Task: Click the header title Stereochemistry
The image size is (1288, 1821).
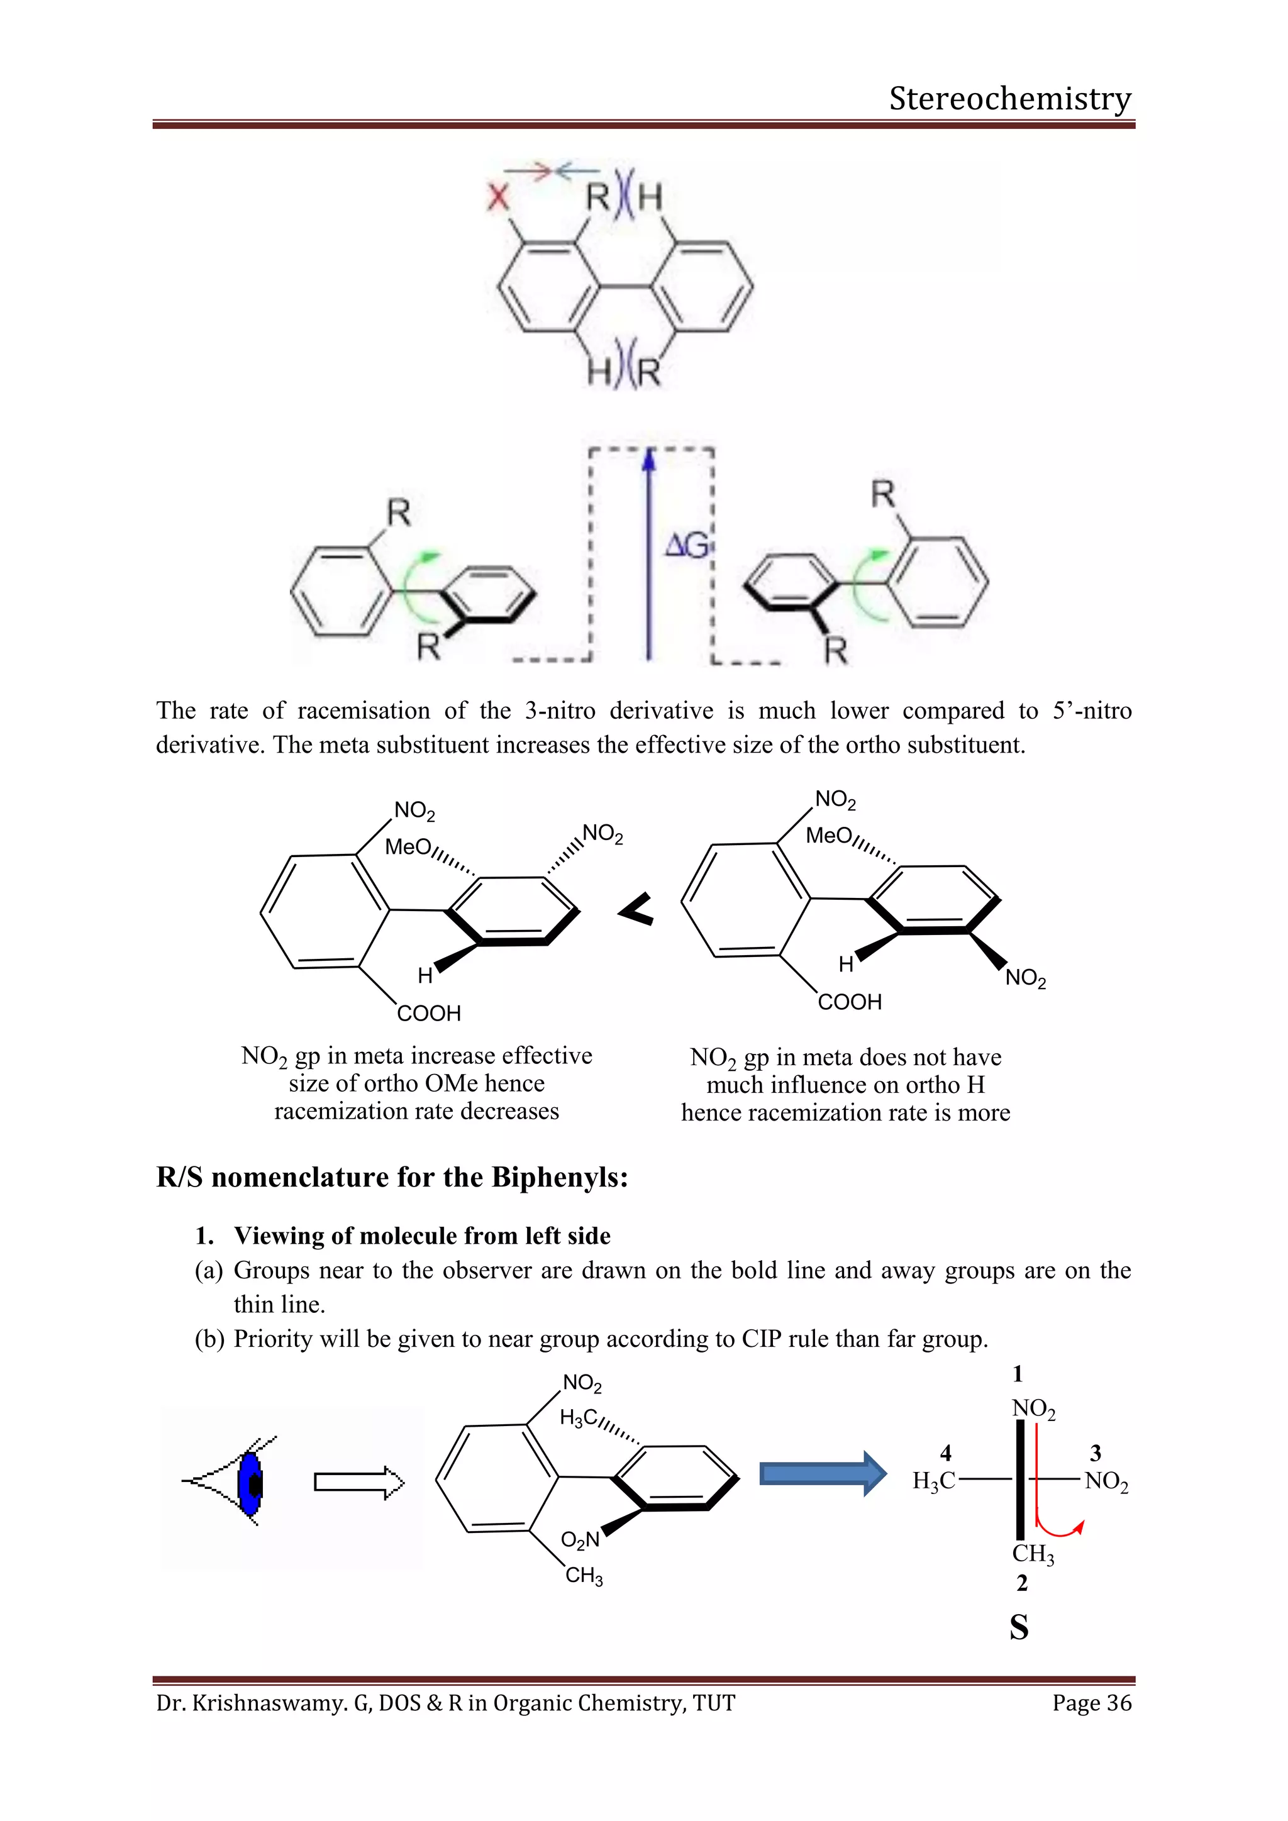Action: (1009, 99)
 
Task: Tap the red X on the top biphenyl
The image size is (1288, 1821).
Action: (498, 196)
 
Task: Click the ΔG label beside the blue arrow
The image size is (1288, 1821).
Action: (686, 546)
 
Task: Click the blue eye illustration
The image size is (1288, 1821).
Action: (251, 1482)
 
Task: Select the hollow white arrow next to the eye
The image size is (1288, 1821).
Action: (359, 1482)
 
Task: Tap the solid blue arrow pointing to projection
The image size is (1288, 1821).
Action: (823, 1474)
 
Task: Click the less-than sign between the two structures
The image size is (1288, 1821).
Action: (636, 909)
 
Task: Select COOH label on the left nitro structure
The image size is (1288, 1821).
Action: (429, 1014)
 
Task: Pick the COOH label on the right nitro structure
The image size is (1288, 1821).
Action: (850, 1002)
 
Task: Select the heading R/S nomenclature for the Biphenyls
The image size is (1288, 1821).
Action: (392, 1178)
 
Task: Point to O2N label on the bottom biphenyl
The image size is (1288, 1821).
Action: (580, 1540)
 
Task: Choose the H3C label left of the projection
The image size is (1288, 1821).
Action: (933, 1481)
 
